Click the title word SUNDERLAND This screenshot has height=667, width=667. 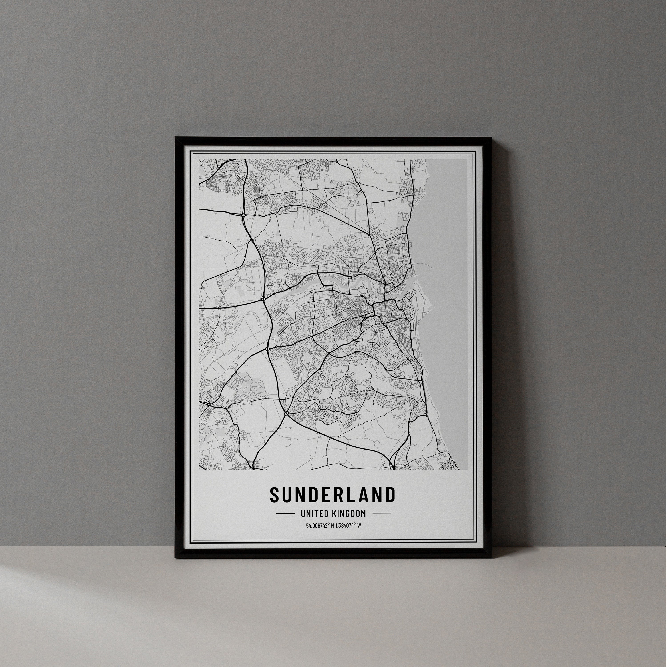point(332,495)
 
